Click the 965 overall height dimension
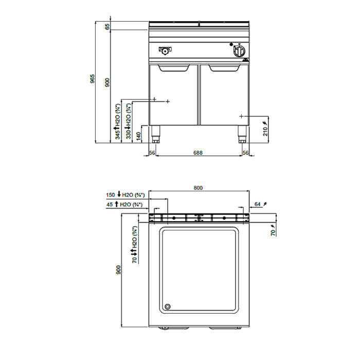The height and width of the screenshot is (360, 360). (x=92, y=79)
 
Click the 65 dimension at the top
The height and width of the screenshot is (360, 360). (x=107, y=27)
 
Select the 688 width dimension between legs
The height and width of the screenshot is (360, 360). (x=198, y=152)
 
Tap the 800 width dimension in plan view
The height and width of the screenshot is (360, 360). (x=198, y=188)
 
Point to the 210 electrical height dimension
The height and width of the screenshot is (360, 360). (x=265, y=131)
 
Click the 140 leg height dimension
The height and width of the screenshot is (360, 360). (x=138, y=136)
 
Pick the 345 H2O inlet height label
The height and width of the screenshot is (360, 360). (x=118, y=122)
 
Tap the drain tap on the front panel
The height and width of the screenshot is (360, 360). (x=165, y=50)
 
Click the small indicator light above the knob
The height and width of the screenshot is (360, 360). (x=231, y=44)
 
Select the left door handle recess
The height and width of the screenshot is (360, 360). (x=174, y=68)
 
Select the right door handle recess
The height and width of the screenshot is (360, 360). (x=224, y=68)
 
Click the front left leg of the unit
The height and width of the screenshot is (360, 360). (x=156, y=134)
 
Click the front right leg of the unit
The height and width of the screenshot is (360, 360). (x=242, y=134)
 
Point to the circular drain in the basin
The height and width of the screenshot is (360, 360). (x=168, y=307)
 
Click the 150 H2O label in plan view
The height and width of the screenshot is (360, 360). (x=125, y=195)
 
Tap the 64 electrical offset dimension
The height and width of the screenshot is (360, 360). (x=258, y=204)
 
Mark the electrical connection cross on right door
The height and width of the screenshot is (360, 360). (x=241, y=116)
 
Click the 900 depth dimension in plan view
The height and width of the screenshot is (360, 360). (x=118, y=270)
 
